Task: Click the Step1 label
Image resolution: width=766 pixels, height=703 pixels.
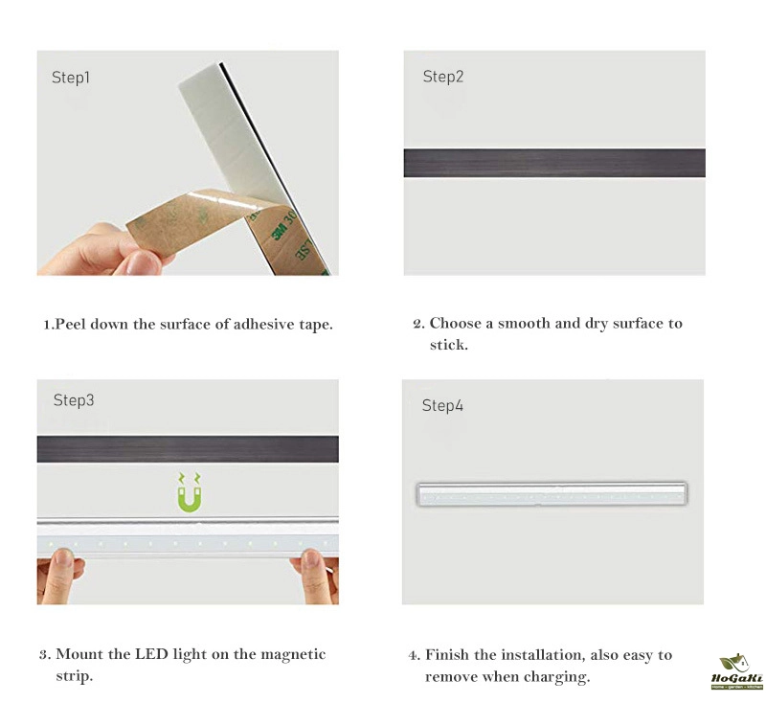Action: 71,78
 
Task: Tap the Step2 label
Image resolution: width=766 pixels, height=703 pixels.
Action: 443,77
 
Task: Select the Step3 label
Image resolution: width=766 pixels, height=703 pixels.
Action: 74,400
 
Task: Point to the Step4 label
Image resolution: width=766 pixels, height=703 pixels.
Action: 442,405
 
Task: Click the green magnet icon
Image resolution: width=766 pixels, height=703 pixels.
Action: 189,492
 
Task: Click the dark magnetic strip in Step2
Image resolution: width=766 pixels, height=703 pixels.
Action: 554,163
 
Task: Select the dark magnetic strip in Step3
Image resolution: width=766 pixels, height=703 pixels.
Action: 188,449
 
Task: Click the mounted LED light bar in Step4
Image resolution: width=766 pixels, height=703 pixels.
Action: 552,494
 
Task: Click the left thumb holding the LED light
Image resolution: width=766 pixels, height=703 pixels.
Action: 62,563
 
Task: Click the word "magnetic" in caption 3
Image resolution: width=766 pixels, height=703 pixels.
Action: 293,654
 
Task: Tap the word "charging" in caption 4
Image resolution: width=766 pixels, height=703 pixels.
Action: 557,677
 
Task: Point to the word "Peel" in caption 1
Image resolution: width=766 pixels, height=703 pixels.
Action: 70,325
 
